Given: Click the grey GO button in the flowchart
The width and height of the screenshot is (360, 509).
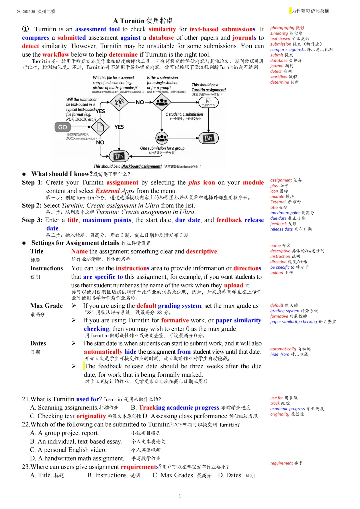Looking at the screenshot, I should (63, 127).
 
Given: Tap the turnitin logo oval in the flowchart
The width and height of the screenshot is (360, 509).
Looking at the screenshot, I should (208, 102).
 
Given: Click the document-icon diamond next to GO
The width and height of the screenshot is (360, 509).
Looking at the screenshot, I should (100, 127).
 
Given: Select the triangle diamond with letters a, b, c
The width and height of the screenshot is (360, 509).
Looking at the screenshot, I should (119, 102).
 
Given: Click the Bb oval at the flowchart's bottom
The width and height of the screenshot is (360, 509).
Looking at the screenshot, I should (119, 156).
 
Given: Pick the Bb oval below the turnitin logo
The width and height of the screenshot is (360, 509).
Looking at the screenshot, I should (208, 138).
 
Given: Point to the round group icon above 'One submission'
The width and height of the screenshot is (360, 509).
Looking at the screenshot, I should (162, 138).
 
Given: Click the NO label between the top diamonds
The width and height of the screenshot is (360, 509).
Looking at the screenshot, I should (140, 102).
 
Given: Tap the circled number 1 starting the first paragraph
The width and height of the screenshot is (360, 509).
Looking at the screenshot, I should (25, 29).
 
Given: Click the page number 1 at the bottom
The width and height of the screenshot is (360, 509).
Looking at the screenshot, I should (180, 496).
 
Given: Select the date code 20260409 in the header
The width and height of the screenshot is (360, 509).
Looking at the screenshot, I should (26, 11).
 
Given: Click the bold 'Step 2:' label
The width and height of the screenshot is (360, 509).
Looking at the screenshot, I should (32, 205).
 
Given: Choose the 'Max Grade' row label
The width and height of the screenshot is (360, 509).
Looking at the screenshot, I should (46, 306).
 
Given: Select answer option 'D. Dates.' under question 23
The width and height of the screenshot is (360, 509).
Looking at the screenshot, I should (230, 475).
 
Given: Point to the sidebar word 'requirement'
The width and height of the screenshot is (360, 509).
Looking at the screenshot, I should (281, 463).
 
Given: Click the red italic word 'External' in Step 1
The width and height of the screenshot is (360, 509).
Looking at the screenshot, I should (107, 191).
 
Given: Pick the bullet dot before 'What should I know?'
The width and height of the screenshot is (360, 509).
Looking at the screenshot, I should (24, 174).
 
